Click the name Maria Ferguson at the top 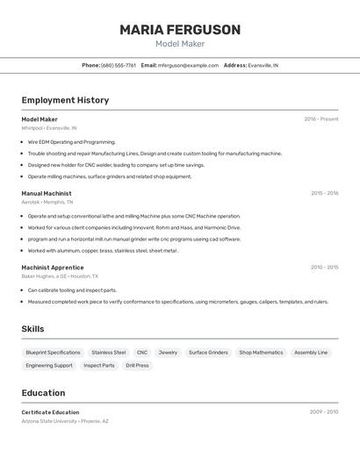[180, 30]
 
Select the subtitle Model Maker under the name [180, 44]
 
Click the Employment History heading [65, 100]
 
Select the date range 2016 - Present [320, 119]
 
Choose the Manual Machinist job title [47, 193]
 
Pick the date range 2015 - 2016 [324, 193]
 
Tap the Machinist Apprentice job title [53, 268]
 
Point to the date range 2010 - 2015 [324, 268]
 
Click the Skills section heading [33, 329]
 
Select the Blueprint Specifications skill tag [53, 353]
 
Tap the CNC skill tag [142, 353]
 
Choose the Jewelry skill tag [168, 353]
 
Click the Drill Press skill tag [137, 365]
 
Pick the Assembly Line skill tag [311, 353]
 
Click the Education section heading [43, 393]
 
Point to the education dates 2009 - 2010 [324, 411]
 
